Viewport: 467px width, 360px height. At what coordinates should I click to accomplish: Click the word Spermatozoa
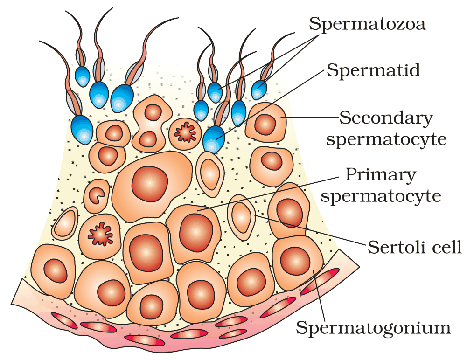(x=367, y=24)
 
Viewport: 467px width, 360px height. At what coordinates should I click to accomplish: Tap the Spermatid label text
(x=373, y=70)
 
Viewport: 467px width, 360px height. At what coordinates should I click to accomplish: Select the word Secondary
(x=386, y=118)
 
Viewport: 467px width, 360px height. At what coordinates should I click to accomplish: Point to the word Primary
(x=380, y=175)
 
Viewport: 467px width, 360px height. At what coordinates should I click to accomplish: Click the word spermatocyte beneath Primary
(x=381, y=196)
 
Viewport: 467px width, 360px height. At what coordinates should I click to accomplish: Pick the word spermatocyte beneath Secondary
(x=386, y=139)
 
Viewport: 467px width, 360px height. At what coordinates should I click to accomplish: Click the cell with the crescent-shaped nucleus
(x=97, y=196)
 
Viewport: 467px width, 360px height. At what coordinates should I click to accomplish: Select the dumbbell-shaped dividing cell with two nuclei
(x=152, y=123)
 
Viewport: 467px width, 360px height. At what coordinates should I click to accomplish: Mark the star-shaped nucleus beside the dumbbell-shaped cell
(x=185, y=132)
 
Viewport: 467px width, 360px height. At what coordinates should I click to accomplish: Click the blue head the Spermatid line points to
(x=214, y=139)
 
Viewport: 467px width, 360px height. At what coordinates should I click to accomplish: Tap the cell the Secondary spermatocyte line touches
(x=265, y=123)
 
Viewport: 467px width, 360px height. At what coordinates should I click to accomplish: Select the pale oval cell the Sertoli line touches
(x=241, y=217)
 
